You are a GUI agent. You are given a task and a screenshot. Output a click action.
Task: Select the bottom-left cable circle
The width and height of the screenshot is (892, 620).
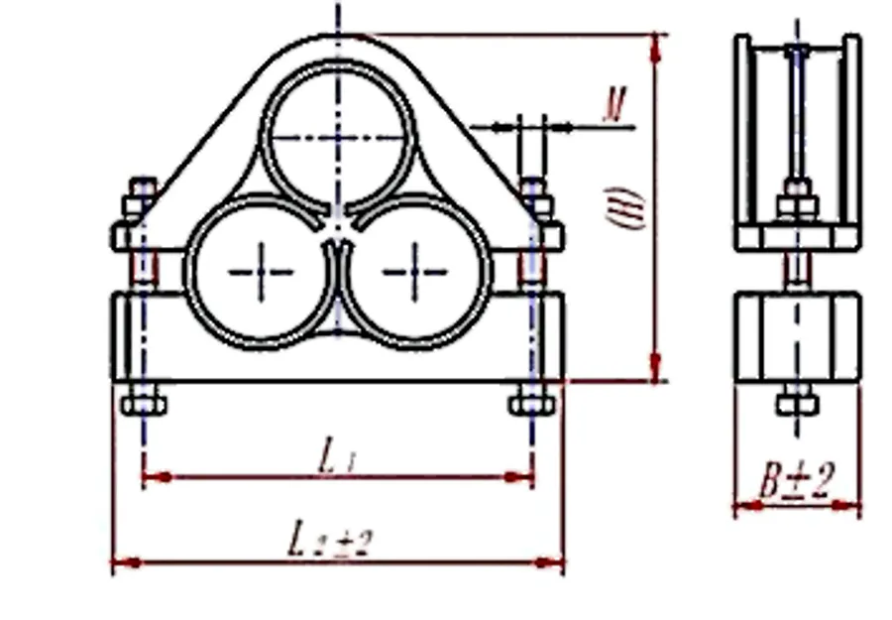point(261,271)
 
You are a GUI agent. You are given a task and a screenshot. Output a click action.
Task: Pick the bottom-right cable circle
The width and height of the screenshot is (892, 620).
point(415,271)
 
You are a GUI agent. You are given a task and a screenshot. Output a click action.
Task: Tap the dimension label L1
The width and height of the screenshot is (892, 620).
point(337,456)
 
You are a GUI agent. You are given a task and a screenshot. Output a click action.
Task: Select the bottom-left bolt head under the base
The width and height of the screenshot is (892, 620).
point(144,405)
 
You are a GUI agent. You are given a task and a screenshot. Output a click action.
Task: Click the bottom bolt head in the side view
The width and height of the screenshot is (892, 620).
point(797,404)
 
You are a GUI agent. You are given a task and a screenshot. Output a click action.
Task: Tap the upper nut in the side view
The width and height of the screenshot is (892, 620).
point(797,204)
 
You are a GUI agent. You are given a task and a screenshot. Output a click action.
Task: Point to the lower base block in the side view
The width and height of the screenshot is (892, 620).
point(797,336)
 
